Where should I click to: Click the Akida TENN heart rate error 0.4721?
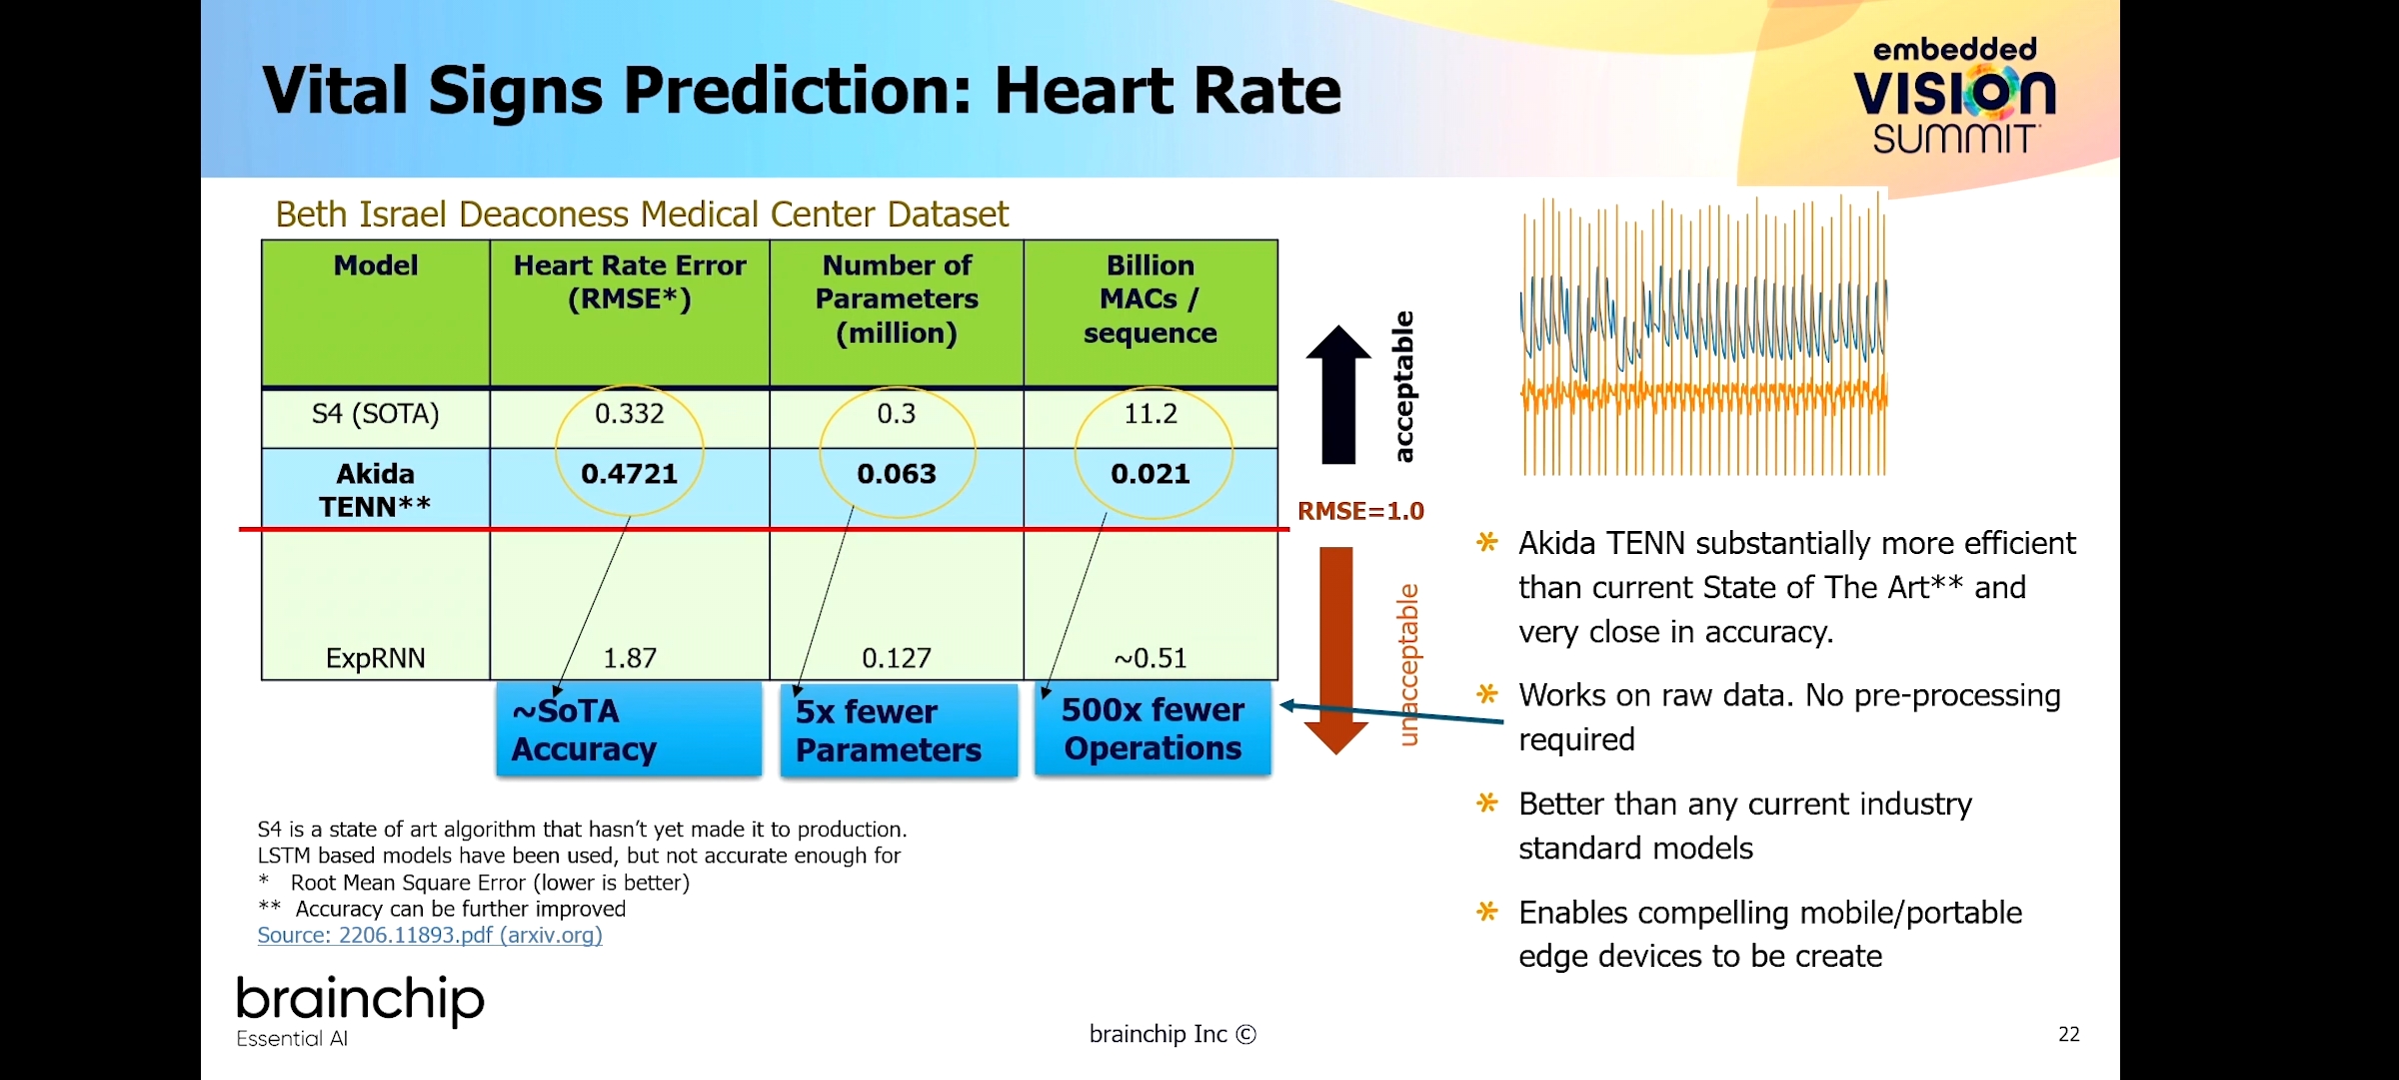coord(629,474)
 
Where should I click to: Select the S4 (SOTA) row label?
coord(375,414)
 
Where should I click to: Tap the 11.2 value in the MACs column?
coord(1151,414)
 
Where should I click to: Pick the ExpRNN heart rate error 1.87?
coord(630,658)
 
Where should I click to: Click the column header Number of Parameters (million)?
coord(897,299)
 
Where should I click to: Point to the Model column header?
coord(376,265)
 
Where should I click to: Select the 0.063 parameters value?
coord(897,474)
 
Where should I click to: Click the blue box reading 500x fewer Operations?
coord(1153,729)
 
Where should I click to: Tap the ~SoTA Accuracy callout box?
coord(629,730)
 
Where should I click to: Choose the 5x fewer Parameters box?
coord(898,731)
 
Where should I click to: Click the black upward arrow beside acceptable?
coord(1338,395)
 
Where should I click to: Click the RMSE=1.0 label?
coord(1360,511)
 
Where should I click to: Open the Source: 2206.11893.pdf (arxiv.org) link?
coord(430,935)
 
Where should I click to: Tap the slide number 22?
coord(2069,1034)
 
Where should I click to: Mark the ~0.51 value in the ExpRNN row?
coord(1151,658)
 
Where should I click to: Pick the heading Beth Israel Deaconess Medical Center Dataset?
coord(642,214)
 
